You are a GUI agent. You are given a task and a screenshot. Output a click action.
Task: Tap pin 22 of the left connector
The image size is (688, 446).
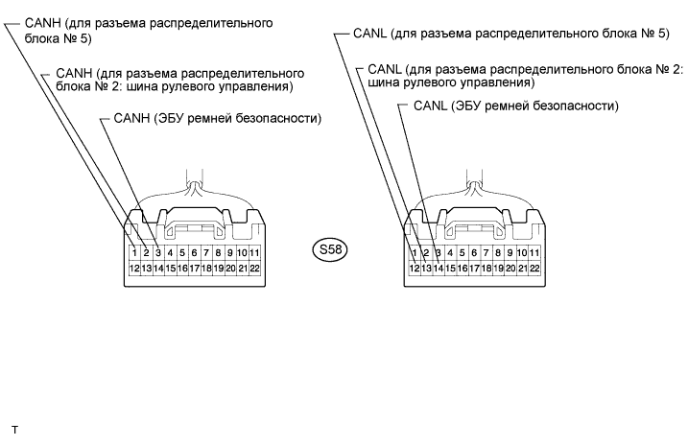pos(254,269)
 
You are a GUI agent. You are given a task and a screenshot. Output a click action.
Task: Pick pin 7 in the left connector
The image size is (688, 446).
pos(194,252)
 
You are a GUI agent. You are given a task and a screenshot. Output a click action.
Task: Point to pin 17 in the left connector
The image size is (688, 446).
pos(194,269)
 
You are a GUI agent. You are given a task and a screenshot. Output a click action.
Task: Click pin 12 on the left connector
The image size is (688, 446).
pos(134,269)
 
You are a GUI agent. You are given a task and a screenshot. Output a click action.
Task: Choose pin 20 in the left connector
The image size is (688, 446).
pos(230,269)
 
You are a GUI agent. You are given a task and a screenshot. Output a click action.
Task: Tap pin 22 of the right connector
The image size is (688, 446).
pos(534,269)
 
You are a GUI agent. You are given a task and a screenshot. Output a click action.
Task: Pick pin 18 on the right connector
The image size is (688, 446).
pos(486,269)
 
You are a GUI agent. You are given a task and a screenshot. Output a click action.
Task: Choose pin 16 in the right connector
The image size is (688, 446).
pos(462,269)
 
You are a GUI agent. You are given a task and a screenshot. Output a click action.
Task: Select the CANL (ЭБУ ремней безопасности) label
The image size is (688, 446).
pos(514,105)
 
